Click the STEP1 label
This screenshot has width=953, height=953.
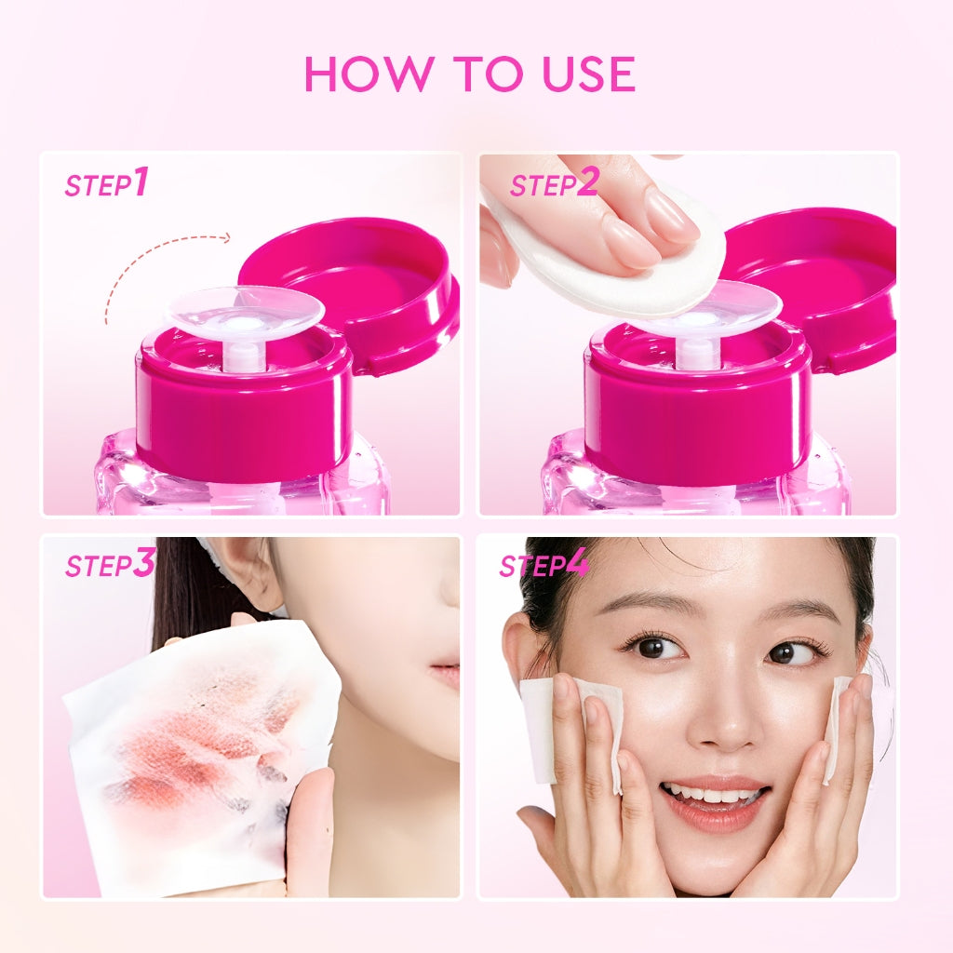tap(106, 183)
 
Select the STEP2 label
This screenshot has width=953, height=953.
tap(553, 183)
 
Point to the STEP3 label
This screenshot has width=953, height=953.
tap(109, 564)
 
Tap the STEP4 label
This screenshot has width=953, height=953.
tap(544, 565)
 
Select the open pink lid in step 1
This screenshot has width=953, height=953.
tap(349, 279)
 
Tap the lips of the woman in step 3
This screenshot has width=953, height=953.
tap(446, 673)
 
